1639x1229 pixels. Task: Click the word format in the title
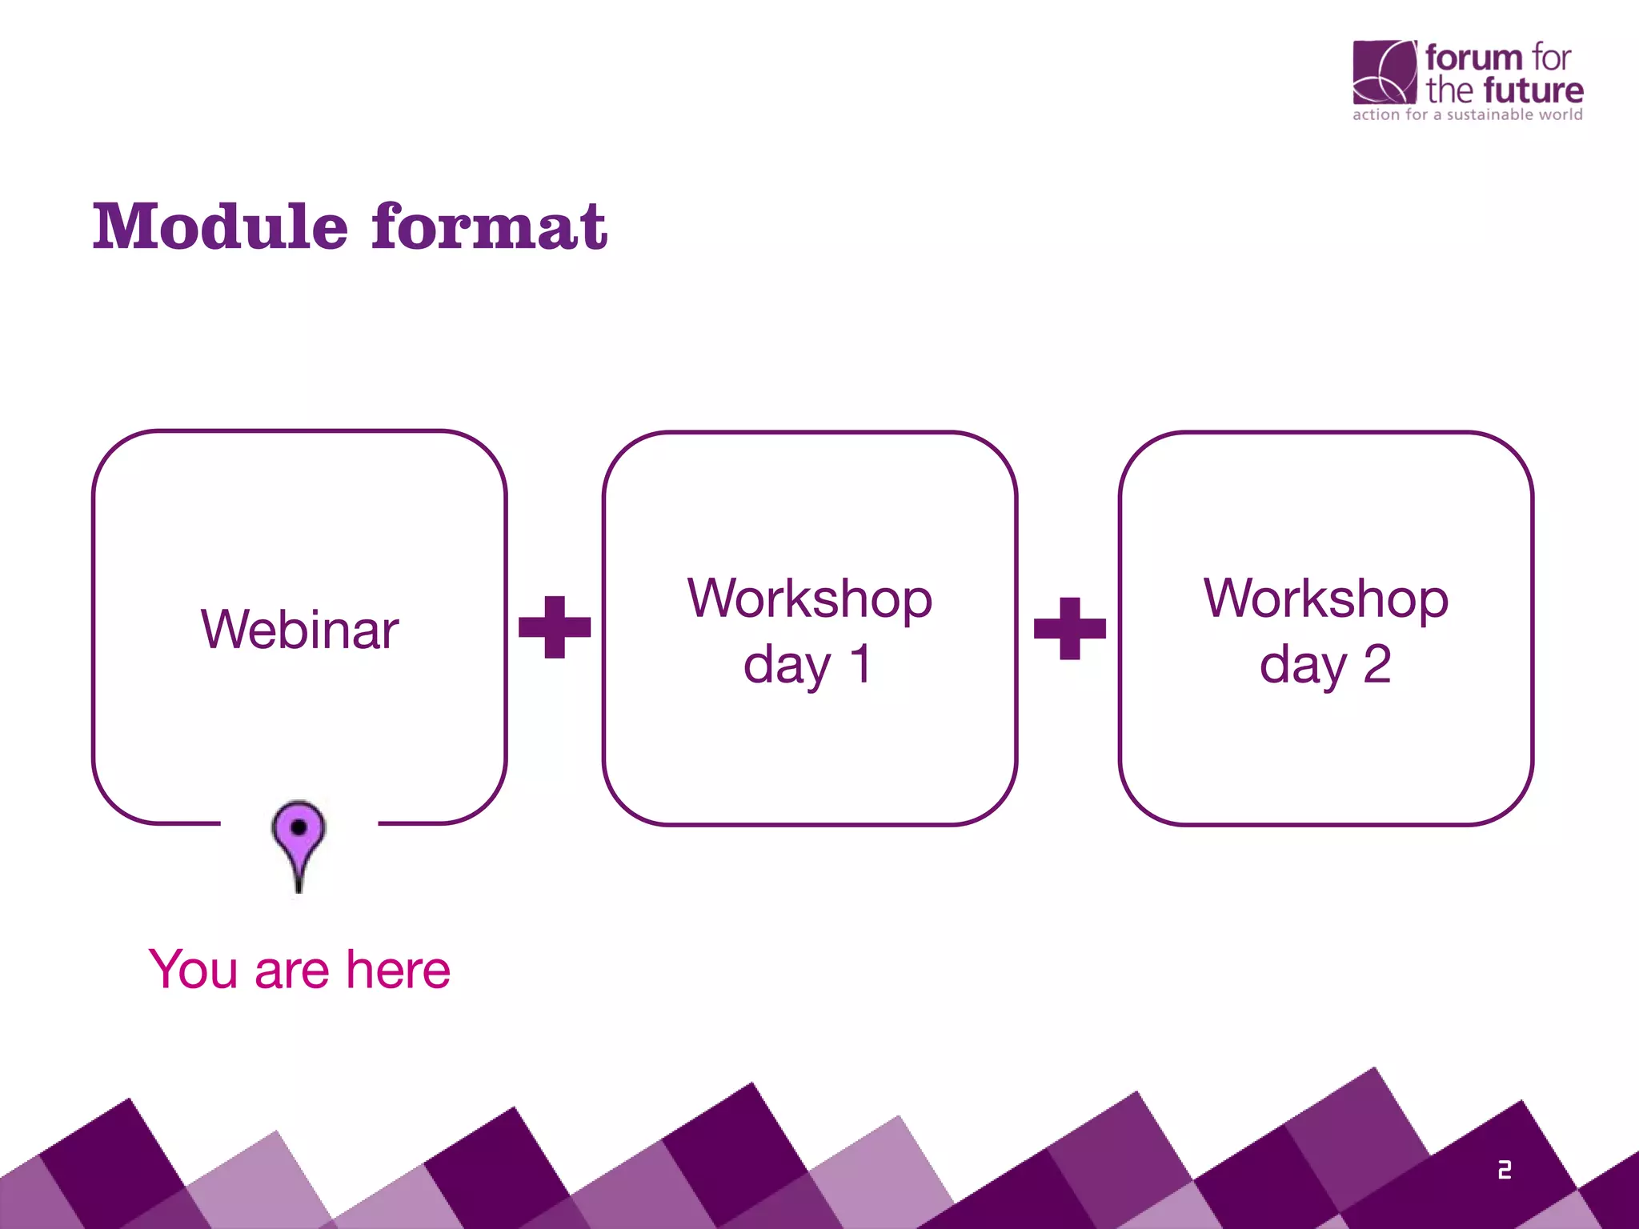pos(490,227)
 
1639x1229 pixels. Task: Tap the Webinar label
pos(299,630)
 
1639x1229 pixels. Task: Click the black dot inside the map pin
pos(299,827)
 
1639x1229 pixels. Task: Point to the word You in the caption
pos(193,970)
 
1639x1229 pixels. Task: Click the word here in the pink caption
pos(398,970)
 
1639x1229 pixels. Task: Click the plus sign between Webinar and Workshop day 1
pos(555,627)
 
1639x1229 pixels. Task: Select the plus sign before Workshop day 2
pos(1070,628)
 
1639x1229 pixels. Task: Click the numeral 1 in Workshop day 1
pos(860,664)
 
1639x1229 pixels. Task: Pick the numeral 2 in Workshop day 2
pos(1377,664)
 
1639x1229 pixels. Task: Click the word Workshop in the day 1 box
pos(810,598)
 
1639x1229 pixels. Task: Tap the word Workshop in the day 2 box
pos(1326,598)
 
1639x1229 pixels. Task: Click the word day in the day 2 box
pos(1303,666)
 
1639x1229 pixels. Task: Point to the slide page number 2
pos(1505,1170)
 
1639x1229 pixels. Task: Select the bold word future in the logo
pos(1533,90)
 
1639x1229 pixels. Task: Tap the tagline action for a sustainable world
pos(1467,114)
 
